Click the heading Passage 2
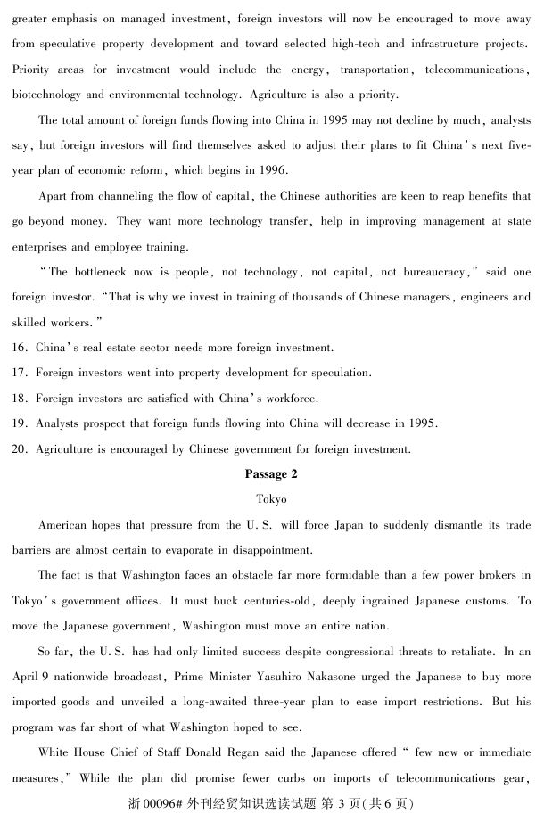point(271,473)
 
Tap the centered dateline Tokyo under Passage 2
point(271,499)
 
